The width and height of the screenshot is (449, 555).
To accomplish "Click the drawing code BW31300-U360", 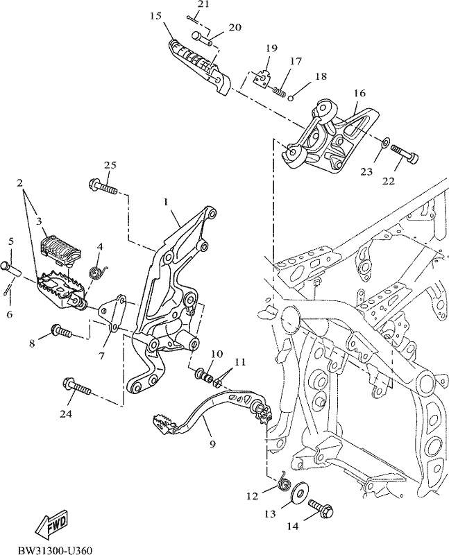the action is (x=56, y=550).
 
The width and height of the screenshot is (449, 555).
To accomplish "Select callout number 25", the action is (x=110, y=165).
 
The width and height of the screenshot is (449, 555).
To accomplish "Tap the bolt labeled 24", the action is (x=77, y=388).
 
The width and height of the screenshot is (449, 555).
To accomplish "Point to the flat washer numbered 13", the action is (x=299, y=490).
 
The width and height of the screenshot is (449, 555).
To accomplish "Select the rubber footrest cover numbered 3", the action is (x=60, y=250).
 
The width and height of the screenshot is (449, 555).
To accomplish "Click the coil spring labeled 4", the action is (x=96, y=273).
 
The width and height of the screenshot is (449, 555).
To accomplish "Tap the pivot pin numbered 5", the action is (x=11, y=269).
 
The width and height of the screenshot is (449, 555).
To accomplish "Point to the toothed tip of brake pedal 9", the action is (x=163, y=425).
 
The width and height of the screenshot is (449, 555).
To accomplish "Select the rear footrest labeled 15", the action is (x=199, y=67).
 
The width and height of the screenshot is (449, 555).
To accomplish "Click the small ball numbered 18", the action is (x=290, y=98).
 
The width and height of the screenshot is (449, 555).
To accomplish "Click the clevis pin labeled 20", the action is (x=202, y=39).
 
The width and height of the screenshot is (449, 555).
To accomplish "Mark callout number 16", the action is (x=359, y=93).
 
